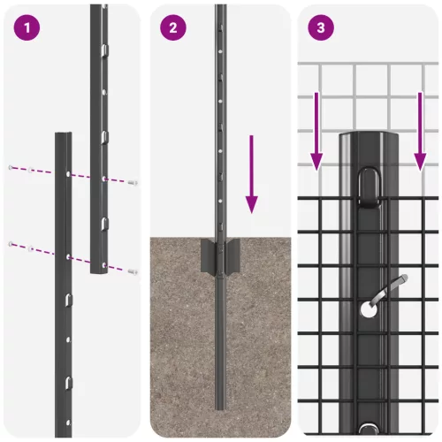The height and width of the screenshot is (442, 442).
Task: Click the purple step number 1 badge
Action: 27,27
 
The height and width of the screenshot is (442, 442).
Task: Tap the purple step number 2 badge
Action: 173,27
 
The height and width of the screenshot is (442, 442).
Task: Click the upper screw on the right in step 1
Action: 133,182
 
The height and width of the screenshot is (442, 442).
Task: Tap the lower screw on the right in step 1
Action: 133,271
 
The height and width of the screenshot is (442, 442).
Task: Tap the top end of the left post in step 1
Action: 63,136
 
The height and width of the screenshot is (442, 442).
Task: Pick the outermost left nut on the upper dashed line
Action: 11,167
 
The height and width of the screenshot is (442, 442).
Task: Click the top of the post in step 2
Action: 221,7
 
